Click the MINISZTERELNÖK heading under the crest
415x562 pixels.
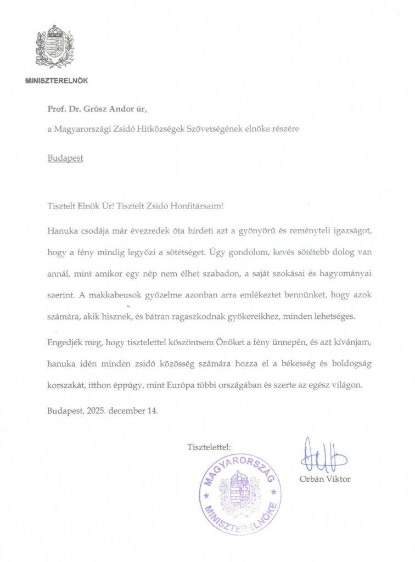57,81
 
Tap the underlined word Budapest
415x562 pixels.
65,158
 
